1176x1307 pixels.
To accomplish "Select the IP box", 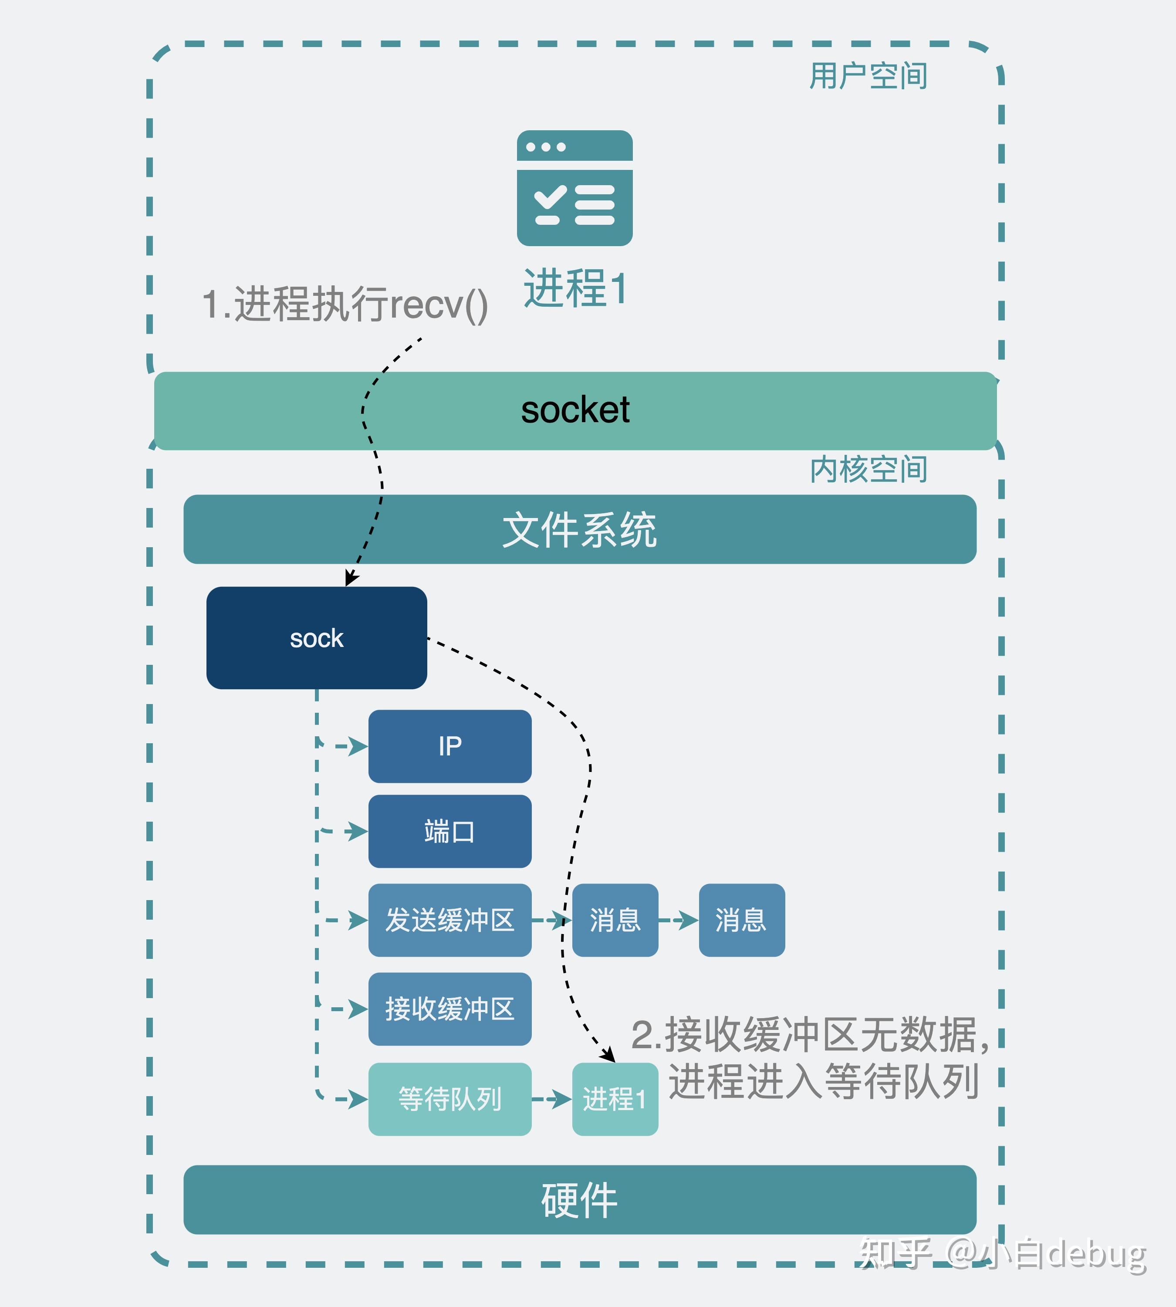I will pyautogui.click(x=450, y=746).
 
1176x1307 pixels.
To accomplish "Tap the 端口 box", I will pyautogui.click(x=450, y=831).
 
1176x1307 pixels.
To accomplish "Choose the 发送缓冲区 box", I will pyautogui.click(x=450, y=920).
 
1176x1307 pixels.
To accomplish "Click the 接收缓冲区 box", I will pyautogui.click(x=450, y=1009).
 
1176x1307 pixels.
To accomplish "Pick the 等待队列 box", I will pyautogui.click(x=450, y=1099).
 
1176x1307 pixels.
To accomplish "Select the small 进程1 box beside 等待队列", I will pyautogui.click(x=615, y=1099).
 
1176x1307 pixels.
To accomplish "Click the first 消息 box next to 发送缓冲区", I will pyautogui.click(x=615, y=920).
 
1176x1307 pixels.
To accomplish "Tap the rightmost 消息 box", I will pyautogui.click(x=742, y=920).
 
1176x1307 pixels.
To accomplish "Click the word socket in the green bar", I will pyautogui.click(x=575, y=410).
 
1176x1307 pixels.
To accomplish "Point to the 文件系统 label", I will pyautogui.click(x=580, y=530).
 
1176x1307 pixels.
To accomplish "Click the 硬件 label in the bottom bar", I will pyautogui.click(x=580, y=1200).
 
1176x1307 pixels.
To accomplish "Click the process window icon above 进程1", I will pyautogui.click(x=574, y=188).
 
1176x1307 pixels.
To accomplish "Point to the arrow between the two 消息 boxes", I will pyautogui.click(x=679, y=920).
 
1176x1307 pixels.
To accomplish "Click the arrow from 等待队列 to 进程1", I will pyautogui.click(x=552, y=1099).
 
